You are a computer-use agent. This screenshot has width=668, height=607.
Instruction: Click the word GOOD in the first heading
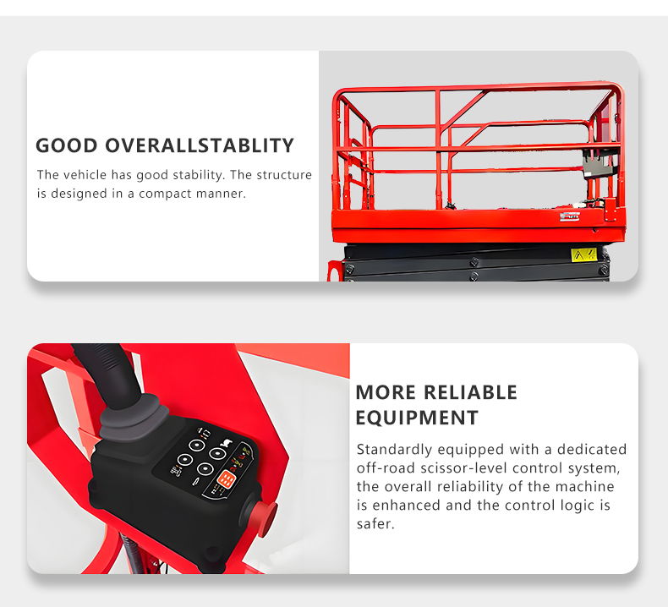point(67,145)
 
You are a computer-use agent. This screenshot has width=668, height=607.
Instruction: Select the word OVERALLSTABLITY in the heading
point(200,145)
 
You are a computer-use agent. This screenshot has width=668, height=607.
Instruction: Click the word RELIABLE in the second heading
point(470,392)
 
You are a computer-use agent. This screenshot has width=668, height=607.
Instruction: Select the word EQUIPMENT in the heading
point(417,418)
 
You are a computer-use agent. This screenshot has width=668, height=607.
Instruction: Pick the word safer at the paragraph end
point(375,524)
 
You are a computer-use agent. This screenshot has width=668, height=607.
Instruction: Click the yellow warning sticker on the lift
point(583,255)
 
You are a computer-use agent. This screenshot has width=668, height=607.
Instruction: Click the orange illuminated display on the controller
point(226,480)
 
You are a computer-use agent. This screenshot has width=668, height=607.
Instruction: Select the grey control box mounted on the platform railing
point(598,164)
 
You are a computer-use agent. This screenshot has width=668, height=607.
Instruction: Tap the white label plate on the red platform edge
point(569,216)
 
